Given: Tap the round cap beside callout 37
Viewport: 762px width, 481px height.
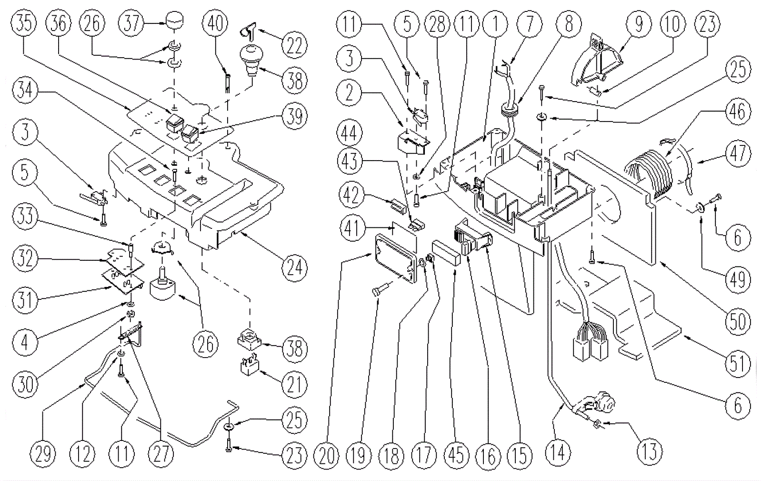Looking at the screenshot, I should coord(175,22).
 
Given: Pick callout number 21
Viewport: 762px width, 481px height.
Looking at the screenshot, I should coord(294,384).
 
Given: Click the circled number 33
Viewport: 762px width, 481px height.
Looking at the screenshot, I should coord(24,215).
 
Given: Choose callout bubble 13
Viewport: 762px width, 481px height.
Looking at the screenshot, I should coord(649,450).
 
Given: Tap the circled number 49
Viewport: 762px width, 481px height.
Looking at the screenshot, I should coord(737,279).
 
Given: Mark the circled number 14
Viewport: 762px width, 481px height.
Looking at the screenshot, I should coord(558,450).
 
